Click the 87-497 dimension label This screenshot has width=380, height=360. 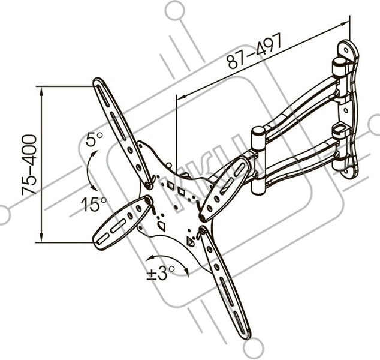point(255,50)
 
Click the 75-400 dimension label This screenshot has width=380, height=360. point(29,165)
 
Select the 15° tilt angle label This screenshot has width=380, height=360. point(94,204)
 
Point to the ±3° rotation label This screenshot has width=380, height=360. point(161,274)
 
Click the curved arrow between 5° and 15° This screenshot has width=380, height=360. point(89,170)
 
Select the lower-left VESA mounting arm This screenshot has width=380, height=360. point(122,223)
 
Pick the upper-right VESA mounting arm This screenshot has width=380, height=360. point(225,189)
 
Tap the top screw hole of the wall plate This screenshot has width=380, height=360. point(346,50)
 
